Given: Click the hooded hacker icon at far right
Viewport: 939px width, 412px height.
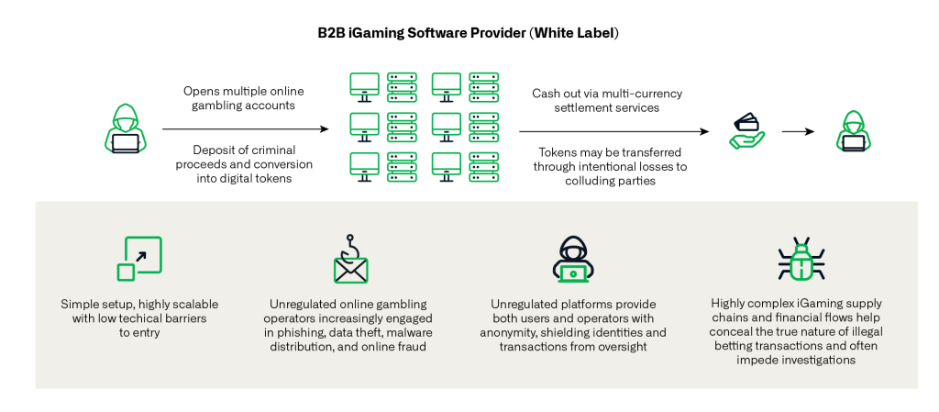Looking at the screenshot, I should click(853, 128).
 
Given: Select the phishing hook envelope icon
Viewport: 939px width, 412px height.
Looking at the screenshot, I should click(349, 262).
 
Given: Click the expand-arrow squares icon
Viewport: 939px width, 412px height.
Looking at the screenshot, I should click(139, 259).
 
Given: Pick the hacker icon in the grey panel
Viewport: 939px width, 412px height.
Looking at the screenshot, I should click(575, 259).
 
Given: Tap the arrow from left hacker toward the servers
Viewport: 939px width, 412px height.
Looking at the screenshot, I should click(245, 130).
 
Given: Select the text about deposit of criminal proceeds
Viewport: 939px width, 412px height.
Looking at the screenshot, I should click(244, 164).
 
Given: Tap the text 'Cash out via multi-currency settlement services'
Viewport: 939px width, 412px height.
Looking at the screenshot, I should click(607, 100).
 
